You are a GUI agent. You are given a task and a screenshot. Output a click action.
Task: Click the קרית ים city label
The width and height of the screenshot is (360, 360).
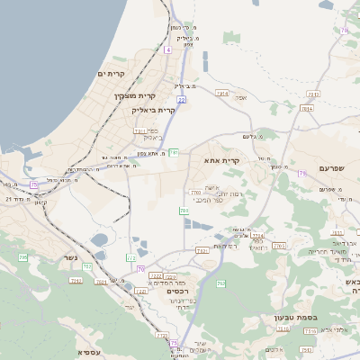115,74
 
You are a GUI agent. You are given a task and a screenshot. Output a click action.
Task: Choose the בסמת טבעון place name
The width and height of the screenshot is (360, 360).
291,317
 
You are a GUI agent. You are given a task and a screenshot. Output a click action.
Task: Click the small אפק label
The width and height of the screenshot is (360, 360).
241,97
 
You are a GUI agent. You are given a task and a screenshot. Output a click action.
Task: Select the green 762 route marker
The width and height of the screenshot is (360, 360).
220,283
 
